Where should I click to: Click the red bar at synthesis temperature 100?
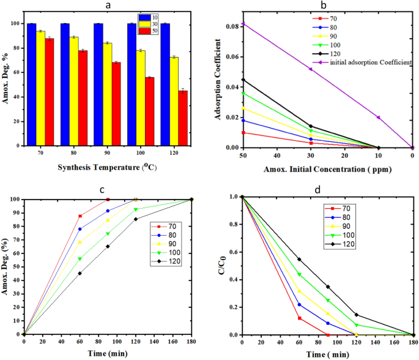[149, 112]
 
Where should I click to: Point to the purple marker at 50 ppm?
[243, 24]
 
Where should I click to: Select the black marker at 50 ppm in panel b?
[243, 80]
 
